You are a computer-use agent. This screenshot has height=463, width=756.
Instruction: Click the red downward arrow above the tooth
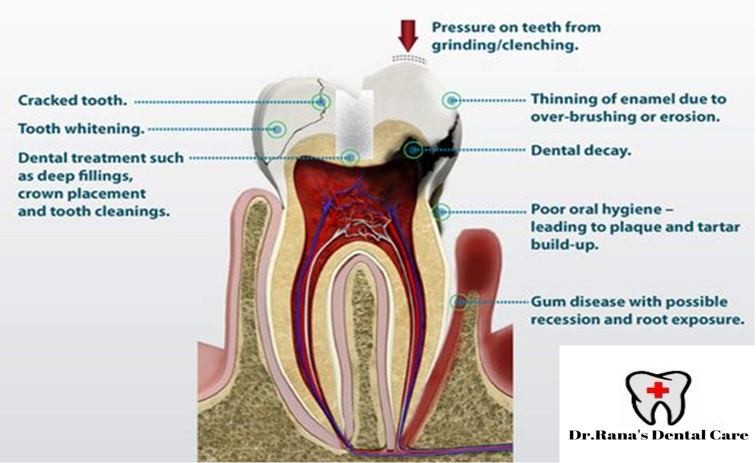pyautogui.click(x=408, y=36)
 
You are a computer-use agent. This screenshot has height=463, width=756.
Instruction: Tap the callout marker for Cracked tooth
pyautogui.click(x=321, y=101)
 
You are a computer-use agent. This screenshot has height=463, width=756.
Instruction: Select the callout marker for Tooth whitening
pyautogui.click(x=277, y=129)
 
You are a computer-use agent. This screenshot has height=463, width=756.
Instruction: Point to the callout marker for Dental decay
pyautogui.click(x=413, y=150)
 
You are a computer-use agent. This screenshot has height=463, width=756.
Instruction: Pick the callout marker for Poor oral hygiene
pyautogui.click(x=441, y=212)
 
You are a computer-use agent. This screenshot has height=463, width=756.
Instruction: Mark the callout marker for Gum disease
pyautogui.click(x=459, y=302)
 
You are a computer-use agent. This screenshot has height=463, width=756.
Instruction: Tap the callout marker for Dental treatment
pyautogui.click(x=350, y=157)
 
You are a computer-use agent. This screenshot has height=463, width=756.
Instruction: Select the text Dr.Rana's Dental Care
pyautogui.click(x=658, y=435)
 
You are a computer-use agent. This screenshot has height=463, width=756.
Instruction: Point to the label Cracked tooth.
pyautogui.click(x=73, y=100)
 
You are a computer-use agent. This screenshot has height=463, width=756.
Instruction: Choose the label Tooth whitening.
pyautogui.click(x=81, y=129)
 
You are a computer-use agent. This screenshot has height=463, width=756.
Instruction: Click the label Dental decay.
pyautogui.click(x=581, y=150)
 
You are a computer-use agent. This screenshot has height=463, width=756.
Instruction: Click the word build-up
pyautogui.click(x=565, y=245)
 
